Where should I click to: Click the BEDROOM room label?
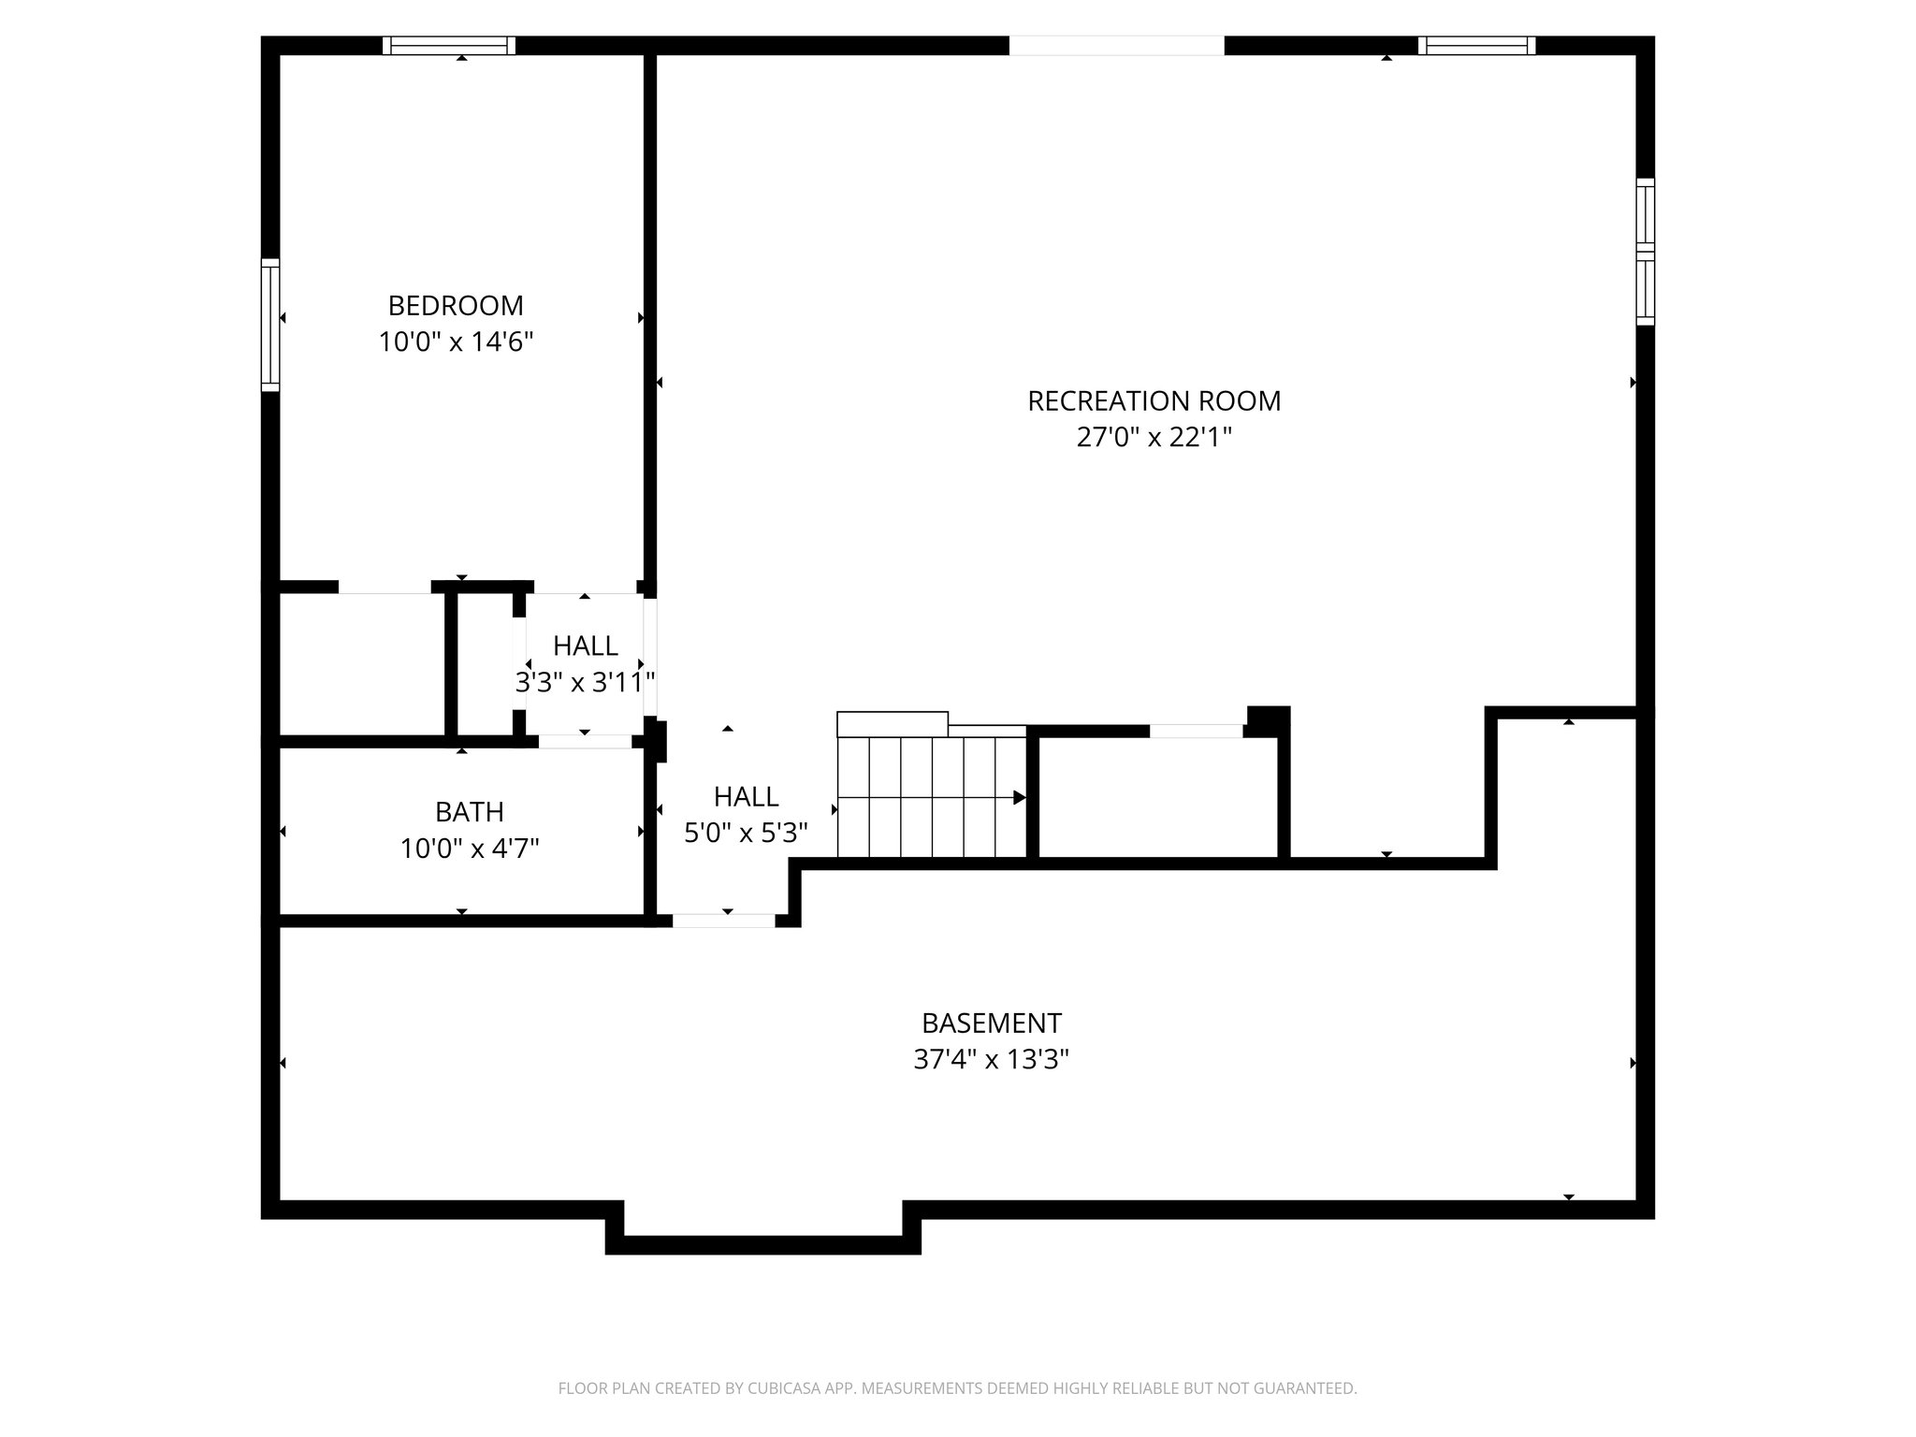pyautogui.click(x=456, y=306)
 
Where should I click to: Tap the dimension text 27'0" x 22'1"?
pyautogui.click(x=1154, y=437)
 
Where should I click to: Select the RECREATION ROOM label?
pyautogui.click(x=1154, y=401)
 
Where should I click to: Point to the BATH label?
pyautogui.click(x=469, y=811)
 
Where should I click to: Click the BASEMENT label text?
pyautogui.click(x=991, y=1023)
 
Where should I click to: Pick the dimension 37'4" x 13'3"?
pyautogui.click(x=991, y=1059)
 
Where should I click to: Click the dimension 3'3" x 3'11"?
pyautogui.click(x=585, y=682)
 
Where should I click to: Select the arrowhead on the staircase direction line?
pyautogui.click(x=1019, y=798)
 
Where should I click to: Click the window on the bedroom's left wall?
pyautogui.click(x=270, y=325)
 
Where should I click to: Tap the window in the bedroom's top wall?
pyautogui.click(x=449, y=46)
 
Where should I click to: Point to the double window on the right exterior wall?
pyautogui.click(x=1645, y=252)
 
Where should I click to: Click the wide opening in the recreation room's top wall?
pyautogui.click(x=1115, y=46)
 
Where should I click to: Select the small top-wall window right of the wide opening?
pyautogui.click(x=1476, y=46)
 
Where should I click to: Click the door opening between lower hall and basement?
pyautogui.click(x=723, y=921)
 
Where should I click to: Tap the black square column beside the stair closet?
pyautogui.click(x=1269, y=718)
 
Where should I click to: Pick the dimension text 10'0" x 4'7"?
pyautogui.click(x=469, y=849)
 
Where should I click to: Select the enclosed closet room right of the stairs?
pyautogui.click(x=1158, y=797)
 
